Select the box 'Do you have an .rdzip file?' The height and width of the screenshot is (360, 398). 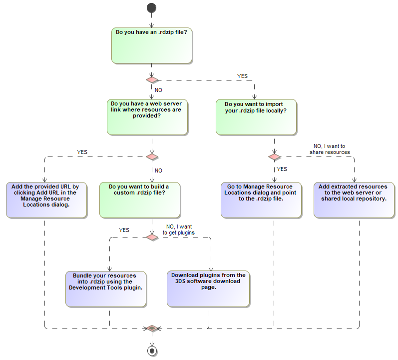[x=151, y=45]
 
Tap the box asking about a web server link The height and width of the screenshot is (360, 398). [x=147, y=116]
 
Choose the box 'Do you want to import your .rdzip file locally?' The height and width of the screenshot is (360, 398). [x=257, y=116]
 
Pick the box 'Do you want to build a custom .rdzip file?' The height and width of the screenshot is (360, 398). [x=140, y=200]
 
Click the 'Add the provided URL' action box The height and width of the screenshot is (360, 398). [x=45, y=200]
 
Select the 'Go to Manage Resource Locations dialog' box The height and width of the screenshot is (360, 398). [x=261, y=200]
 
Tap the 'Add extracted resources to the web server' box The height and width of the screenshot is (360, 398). [x=354, y=200]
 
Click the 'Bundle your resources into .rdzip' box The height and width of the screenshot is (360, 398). [x=106, y=289]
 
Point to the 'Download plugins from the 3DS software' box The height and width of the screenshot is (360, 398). [x=208, y=289]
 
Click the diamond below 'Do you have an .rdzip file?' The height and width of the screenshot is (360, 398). [x=152, y=79]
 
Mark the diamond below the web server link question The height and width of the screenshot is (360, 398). [x=152, y=156]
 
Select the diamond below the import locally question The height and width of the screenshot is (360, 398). [x=274, y=156]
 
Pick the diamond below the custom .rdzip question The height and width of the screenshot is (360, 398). [x=152, y=236]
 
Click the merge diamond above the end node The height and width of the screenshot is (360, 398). [x=152, y=328]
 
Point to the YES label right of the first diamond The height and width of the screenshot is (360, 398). [x=242, y=76]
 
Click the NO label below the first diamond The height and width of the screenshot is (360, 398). [x=158, y=90]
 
